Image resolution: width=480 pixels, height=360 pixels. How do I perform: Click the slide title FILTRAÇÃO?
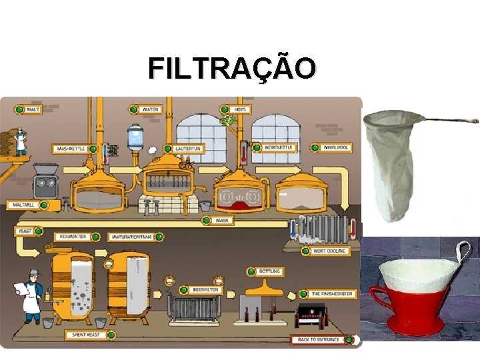coord(232,67)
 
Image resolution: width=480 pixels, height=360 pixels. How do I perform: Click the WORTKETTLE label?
coord(278,147)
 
